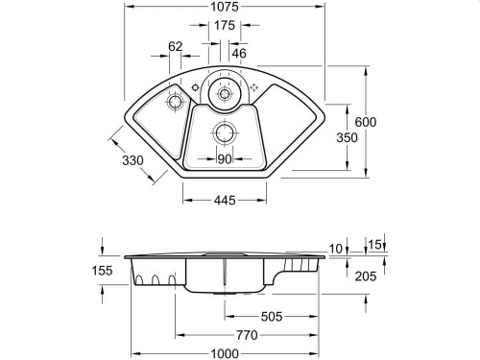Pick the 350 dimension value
coord(347,138)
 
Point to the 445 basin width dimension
coord(224,200)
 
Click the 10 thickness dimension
coord(336,249)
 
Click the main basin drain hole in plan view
coord(225,132)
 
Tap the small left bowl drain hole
coord(175,101)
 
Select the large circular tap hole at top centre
coord(225,91)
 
